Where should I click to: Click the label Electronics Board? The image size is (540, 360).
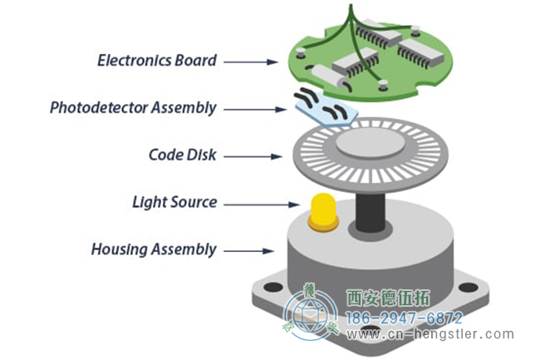click(157, 61)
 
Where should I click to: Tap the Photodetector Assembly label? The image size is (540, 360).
click(133, 108)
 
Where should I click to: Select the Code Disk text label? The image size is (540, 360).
click(183, 155)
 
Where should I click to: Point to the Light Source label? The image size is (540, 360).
click(174, 202)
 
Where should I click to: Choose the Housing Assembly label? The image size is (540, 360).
click(154, 249)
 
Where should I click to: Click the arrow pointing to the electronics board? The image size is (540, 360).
click(251, 62)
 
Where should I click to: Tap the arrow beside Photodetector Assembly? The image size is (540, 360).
click(255, 110)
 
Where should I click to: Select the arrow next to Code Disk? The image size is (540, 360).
click(253, 157)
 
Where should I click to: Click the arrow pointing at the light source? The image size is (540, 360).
click(262, 205)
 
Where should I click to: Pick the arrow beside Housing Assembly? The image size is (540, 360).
click(249, 251)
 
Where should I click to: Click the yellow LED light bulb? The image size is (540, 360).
click(323, 212)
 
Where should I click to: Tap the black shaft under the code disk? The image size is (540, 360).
click(370, 212)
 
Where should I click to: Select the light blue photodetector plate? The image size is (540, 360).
click(326, 109)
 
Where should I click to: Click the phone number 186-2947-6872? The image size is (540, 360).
click(404, 318)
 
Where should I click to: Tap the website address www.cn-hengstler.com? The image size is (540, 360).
click(430, 334)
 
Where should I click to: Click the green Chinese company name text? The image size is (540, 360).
click(388, 298)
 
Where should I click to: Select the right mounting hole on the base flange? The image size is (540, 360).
click(469, 287)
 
